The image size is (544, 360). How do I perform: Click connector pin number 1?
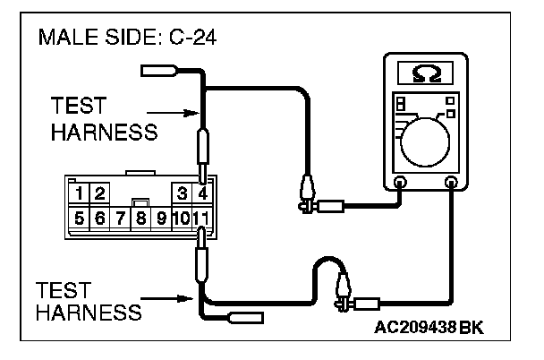point(80,193)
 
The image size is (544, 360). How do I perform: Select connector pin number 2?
point(99,193)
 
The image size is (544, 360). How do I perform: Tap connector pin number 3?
point(182,193)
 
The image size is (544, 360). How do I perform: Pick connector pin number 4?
point(202,193)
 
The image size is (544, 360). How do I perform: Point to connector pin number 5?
point(80,218)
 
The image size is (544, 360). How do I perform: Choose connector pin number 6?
point(99,218)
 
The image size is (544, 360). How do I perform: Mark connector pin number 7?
point(120,218)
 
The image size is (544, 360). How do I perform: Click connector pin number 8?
point(140,218)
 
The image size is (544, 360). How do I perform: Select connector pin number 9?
point(161,218)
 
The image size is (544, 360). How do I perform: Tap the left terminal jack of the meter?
point(400,184)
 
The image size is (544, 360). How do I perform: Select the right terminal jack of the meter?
point(452,184)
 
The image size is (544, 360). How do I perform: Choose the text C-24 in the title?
point(194,40)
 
